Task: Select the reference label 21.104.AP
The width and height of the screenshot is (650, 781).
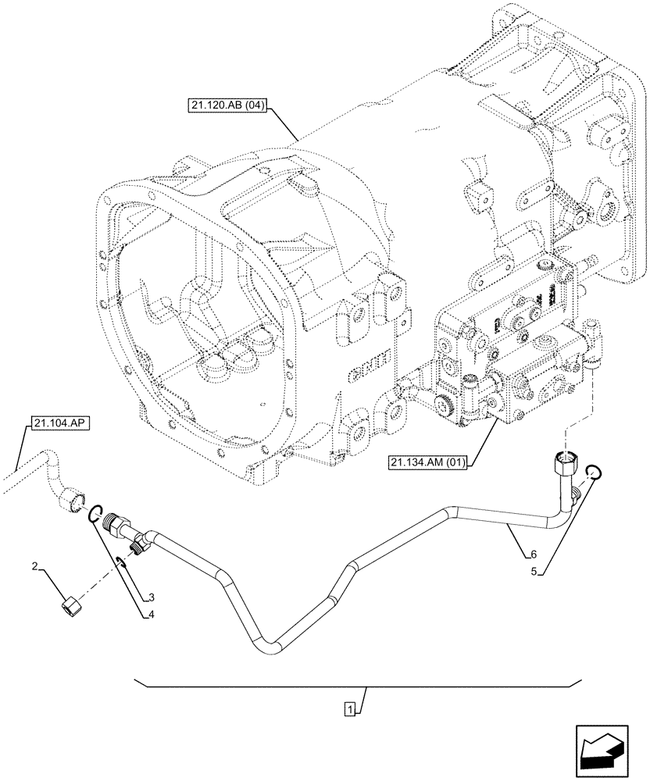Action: [60, 423]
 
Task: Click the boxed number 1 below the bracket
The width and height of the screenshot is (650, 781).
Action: [352, 709]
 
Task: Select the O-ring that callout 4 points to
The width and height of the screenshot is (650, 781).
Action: [95, 512]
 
